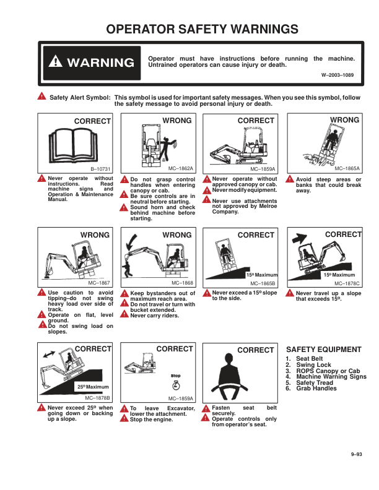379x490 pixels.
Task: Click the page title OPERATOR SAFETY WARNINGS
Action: (x=202, y=29)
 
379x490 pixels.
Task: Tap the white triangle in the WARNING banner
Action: (x=55, y=61)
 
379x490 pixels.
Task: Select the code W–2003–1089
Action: (x=338, y=75)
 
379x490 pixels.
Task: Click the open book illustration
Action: (x=73, y=145)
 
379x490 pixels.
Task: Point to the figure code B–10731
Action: (x=100, y=169)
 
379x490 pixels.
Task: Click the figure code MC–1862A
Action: (x=181, y=168)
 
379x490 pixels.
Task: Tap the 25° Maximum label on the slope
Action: (x=93, y=387)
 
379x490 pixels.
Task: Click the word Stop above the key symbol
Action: (x=176, y=376)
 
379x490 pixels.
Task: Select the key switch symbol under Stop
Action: (x=176, y=385)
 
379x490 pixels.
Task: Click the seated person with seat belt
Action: (x=229, y=377)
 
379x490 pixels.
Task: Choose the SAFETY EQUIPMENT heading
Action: (x=324, y=350)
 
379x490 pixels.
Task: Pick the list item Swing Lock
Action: (x=313, y=364)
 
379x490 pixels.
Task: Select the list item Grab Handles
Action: (x=316, y=389)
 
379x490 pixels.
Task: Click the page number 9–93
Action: (x=356, y=454)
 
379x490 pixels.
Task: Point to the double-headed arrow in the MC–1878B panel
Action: (x=49, y=355)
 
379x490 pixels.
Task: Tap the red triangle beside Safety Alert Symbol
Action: (x=41, y=97)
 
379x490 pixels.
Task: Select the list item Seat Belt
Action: (x=309, y=359)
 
